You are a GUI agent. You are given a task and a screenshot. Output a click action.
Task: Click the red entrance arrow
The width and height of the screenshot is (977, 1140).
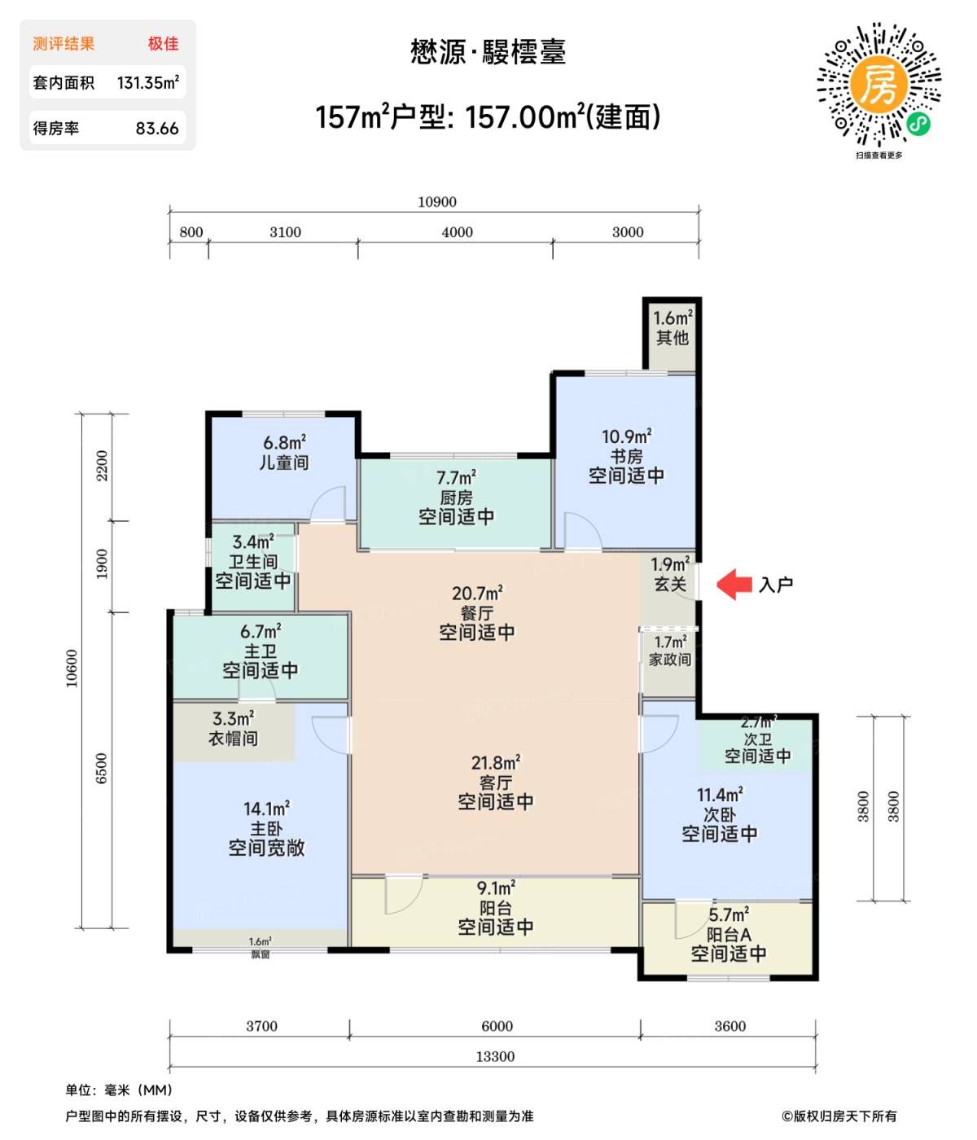[x=734, y=584]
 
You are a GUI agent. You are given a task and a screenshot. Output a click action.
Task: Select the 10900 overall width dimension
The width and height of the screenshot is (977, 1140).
[x=436, y=202]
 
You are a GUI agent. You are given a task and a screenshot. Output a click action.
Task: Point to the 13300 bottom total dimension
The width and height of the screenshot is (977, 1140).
[x=495, y=1056]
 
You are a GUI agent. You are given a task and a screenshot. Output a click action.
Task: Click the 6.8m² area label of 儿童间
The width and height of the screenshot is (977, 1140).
[x=284, y=442]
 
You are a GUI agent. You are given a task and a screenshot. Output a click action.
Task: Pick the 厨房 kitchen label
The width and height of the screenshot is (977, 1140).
[x=456, y=498]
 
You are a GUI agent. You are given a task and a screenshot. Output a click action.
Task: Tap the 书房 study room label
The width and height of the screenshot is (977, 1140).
[x=626, y=456]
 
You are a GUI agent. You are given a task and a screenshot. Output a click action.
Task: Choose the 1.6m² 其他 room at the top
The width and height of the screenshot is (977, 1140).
[x=673, y=335]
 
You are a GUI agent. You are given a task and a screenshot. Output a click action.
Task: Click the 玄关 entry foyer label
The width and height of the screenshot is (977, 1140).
[x=670, y=584]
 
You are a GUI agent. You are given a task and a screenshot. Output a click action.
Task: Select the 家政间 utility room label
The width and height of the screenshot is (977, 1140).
[x=670, y=660]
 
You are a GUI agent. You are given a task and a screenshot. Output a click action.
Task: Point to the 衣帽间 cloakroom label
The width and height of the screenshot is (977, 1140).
[x=233, y=739]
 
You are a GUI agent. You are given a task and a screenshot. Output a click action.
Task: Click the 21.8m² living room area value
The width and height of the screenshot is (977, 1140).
[x=496, y=763]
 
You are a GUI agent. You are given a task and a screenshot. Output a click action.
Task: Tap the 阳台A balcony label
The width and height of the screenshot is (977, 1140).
[x=729, y=935]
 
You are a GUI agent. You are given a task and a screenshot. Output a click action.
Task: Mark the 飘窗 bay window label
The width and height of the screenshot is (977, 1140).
[x=261, y=954]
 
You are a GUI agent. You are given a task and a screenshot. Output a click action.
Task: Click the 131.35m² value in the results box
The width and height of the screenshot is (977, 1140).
[x=147, y=83]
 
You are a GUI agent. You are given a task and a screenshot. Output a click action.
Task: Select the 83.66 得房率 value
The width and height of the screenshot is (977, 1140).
[x=157, y=129]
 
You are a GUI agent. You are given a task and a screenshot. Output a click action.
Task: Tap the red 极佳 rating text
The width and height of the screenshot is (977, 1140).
[x=163, y=44]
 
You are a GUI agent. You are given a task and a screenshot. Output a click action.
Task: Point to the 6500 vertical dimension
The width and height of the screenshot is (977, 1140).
[x=102, y=768]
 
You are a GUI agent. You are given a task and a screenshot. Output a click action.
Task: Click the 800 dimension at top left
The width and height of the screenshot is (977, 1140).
[x=191, y=232]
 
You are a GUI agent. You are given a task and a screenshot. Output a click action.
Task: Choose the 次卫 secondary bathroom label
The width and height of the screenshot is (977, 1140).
[x=757, y=739]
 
